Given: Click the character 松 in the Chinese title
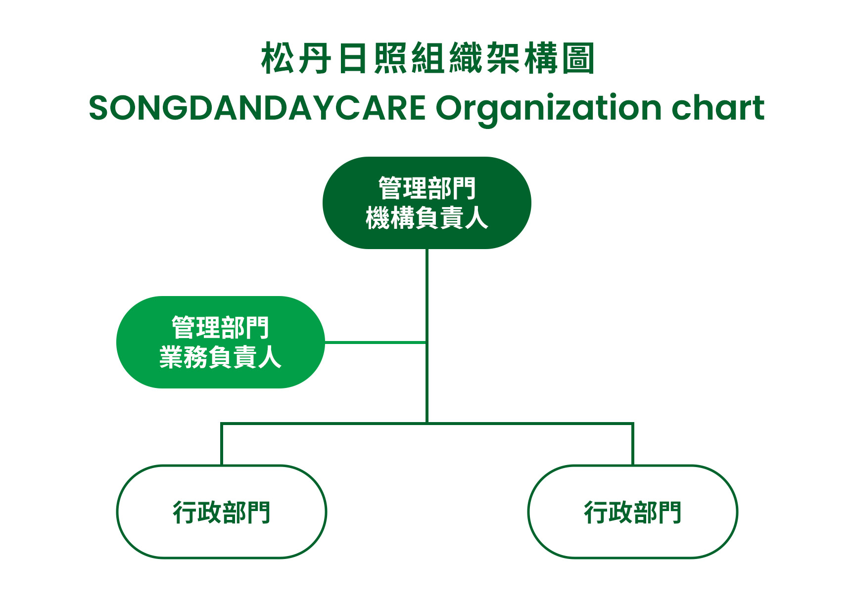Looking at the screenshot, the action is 278,58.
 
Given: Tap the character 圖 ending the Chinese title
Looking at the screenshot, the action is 578,58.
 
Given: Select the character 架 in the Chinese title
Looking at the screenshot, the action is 503,58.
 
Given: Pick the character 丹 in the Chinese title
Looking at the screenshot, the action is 315,58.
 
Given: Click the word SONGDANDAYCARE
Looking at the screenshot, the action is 257,108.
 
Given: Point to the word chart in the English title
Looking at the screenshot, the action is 718,107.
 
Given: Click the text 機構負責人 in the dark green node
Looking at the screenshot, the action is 427,218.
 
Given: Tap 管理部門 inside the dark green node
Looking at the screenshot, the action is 427,188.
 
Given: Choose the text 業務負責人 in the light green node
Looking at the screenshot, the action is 220,357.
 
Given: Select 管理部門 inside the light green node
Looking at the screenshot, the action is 220,327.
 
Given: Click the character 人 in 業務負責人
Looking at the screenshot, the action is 270,357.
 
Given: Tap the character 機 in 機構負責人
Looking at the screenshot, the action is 378,218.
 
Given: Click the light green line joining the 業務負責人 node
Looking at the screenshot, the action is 375,342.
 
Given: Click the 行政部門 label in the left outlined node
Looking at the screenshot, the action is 222,512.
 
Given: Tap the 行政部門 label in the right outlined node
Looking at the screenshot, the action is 633,512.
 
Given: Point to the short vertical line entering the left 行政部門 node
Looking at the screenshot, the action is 222,444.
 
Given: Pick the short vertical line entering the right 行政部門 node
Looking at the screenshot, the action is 633,444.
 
